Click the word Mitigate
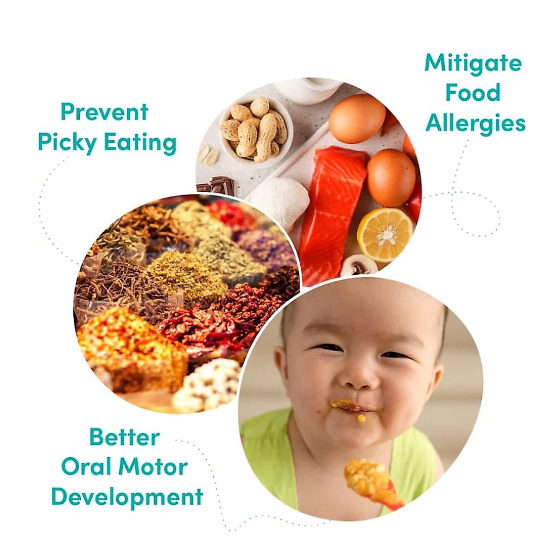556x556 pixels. pos(473,63)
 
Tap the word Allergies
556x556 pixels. pos(475,124)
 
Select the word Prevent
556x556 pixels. pos(105,112)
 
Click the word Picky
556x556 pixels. pos(68,143)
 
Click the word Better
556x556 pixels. pos(124,437)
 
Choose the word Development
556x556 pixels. pos(127,497)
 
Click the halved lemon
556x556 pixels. pos(385,234)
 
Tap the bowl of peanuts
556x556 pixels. pos(254,128)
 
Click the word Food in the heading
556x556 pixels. pos(473,93)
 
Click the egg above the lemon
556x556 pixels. pos(391,177)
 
